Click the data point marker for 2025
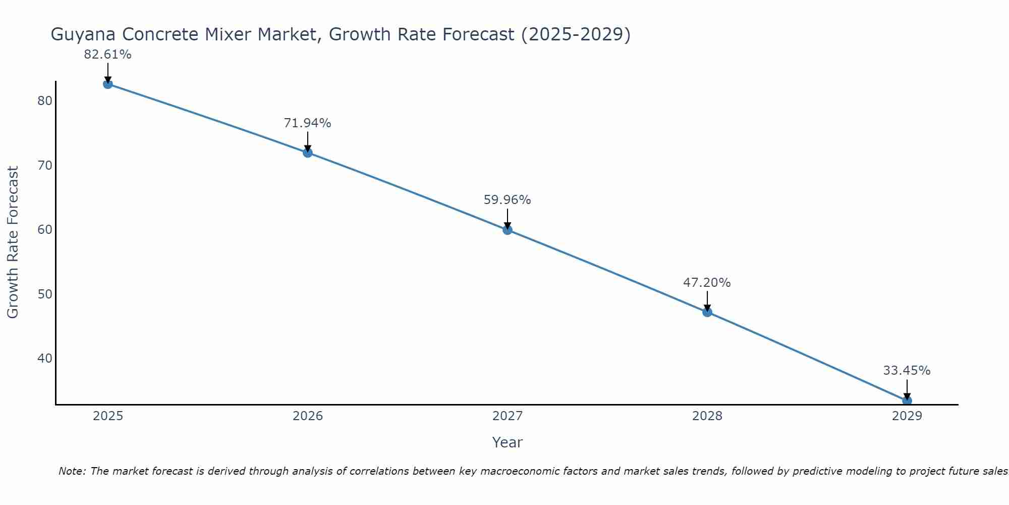pyautogui.click(x=107, y=84)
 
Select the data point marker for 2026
pyautogui.click(x=308, y=153)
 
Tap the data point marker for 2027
pyautogui.click(x=508, y=230)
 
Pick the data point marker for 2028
pyautogui.click(x=707, y=312)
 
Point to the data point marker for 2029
pyautogui.click(x=907, y=400)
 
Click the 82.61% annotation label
pyautogui.click(x=107, y=55)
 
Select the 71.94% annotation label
pyautogui.click(x=307, y=123)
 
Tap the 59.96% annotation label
pyautogui.click(x=507, y=200)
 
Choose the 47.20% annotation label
pyautogui.click(x=707, y=283)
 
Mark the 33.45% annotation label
pyautogui.click(x=907, y=371)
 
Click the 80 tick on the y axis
pyautogui.click(x=45, y=101)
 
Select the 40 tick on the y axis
pyautogui.click(x=45, y=359)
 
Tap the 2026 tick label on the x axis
pyautogui.click(x=308, y=416)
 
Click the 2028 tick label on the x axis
pyautogui.click(x=707, y=416)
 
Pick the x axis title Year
pyautogui.click(x=507, y=442)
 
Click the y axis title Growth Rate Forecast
pyautogui.click(x=13, y=242)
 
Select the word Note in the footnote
pyautogui.click(x=72, y=471)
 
